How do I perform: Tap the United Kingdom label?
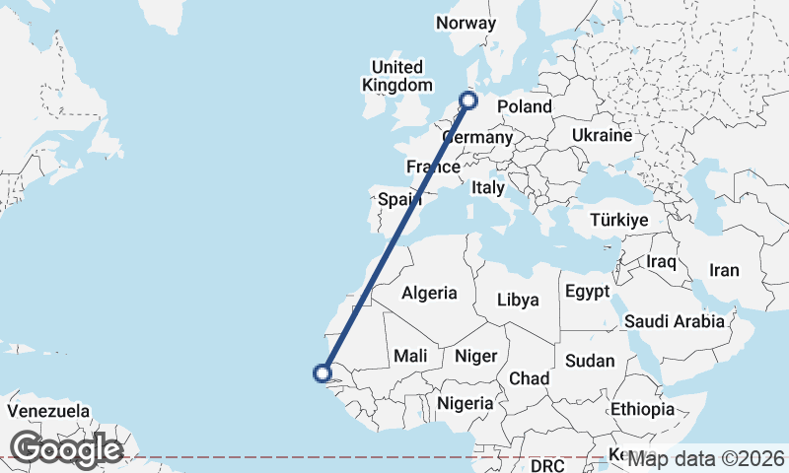coord(397,76)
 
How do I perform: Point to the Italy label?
coord(487,187)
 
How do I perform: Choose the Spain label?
coord(400,200)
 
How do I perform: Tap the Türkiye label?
coord(620,220)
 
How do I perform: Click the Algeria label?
coord(429,293)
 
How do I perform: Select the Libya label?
coord(518,300)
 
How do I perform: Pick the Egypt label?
coord(589,293)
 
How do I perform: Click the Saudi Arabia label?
coord(675,321)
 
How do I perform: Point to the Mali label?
coord(410,356)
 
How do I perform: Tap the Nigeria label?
coord(465,403)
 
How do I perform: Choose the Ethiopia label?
coord(642,409)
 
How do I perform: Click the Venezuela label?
coord(48,411)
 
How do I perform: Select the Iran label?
coord(724,270)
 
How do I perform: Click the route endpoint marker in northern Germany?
coord(468,100)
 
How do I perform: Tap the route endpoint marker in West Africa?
coord(321,372)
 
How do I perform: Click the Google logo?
coord(66,449)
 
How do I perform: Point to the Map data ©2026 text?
coord(706,458)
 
